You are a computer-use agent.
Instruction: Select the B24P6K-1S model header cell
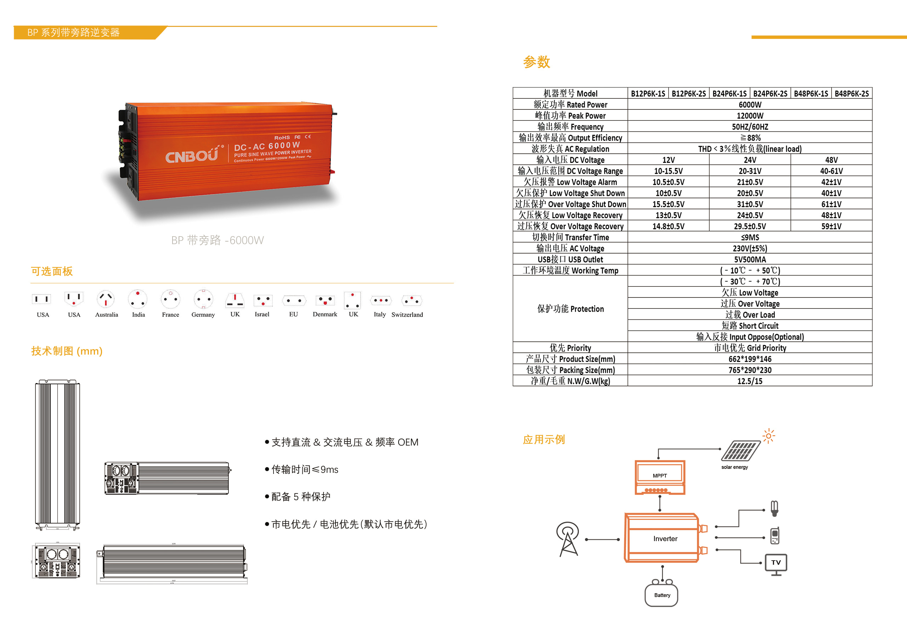[729, 93]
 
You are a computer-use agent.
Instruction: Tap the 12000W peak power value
[749, 116]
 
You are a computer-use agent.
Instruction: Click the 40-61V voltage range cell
[831, 171]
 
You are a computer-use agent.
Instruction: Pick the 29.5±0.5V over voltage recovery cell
[749, 226]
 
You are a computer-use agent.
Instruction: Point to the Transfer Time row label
[570, 237]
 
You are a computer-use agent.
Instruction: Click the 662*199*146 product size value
[749, 359]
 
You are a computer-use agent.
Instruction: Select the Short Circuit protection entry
[749, 326]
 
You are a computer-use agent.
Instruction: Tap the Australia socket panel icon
[106, 300]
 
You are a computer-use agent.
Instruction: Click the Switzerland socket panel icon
[411, 301]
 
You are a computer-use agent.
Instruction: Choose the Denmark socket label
[325, 314]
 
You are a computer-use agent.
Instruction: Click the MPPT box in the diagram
[660, 477]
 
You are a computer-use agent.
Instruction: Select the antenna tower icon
[568, 539]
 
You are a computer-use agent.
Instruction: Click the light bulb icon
[774, 508]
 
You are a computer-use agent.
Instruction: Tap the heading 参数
[536, 62]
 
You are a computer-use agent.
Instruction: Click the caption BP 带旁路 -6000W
[217, 240]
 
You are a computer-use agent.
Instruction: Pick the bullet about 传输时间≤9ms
[304, 470]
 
